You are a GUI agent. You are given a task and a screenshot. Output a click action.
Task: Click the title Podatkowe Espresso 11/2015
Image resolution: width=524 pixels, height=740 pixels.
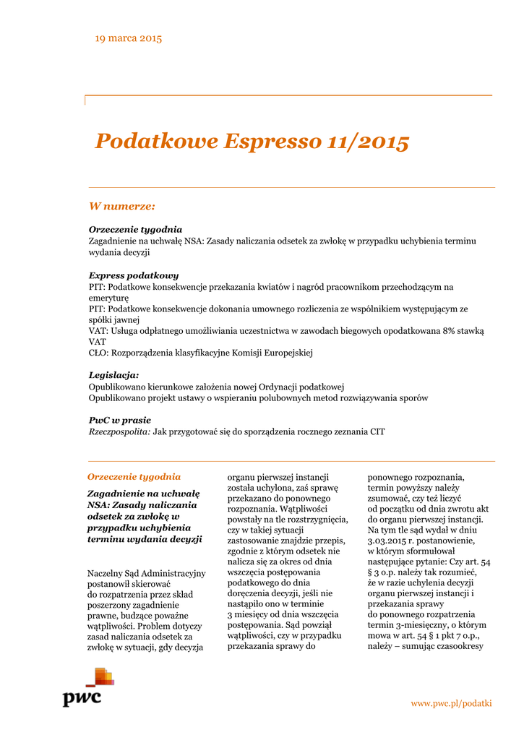pos(252,142)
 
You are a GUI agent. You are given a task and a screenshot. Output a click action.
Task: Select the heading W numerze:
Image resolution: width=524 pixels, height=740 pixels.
pos(121,206)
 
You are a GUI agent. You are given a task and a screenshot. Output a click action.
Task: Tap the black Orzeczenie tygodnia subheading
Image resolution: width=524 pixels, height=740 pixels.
pos(135,229)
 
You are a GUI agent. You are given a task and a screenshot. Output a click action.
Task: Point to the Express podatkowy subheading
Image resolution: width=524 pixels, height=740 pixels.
pos(134,275)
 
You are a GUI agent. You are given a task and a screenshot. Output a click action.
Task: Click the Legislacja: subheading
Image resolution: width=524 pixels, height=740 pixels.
pos(113,375)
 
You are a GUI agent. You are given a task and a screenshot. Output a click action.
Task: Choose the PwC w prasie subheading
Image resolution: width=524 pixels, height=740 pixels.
pos(120,420)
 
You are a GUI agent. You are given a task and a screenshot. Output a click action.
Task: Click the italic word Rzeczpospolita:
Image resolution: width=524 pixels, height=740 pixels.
pos(119,431)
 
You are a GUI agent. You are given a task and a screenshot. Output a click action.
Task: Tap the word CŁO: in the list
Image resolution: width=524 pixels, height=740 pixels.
pos(98,353)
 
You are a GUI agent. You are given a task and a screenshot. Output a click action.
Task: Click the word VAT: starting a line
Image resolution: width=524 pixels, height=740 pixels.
pos(98,330)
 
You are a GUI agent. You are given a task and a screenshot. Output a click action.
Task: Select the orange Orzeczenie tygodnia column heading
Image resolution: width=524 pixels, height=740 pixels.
pos(134,477)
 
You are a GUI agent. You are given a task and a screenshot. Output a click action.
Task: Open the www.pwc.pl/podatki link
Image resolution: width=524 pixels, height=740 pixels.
pos(451,703)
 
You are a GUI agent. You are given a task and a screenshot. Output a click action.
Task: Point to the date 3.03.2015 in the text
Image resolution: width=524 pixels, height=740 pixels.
pos(390,540)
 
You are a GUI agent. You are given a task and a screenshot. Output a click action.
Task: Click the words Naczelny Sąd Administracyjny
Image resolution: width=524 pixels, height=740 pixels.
pos(146,573)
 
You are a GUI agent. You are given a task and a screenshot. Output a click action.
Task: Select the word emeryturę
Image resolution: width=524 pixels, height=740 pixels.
pos(108,297)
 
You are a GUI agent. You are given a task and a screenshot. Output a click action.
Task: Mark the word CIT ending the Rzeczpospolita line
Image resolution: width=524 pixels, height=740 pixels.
pos(377,431)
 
